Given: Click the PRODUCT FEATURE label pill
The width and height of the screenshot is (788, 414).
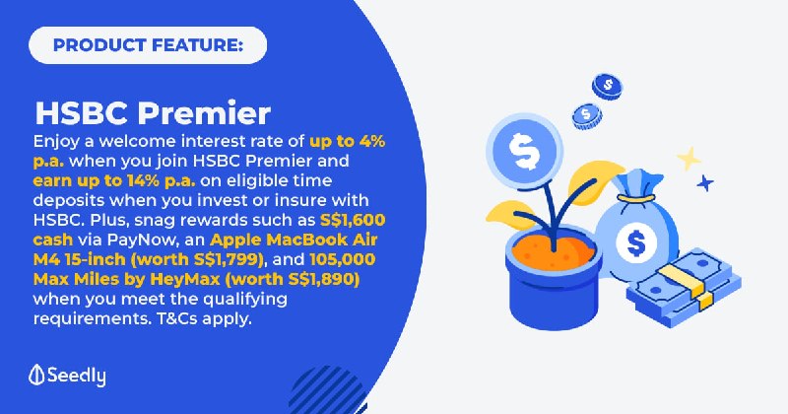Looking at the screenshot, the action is (148, 45).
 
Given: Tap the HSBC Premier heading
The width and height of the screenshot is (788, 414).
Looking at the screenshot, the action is (153, 113).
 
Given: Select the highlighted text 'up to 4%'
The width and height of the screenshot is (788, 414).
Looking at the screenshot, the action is (348, 142).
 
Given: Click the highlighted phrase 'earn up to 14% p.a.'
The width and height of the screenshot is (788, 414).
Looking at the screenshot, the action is (114, 180).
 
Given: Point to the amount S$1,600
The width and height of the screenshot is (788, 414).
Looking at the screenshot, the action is (353, 220).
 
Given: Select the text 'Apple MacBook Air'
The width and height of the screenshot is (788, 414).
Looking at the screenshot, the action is (294, 240).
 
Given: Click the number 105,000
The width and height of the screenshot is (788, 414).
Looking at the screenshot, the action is (343, 259).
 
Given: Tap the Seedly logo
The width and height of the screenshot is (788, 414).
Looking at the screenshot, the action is (67, 376).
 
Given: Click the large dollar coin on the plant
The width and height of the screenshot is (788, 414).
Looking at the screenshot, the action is (525, 152).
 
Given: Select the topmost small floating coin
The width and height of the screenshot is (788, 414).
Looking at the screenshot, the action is (607, 86).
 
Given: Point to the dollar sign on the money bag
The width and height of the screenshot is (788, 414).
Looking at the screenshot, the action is (636, 242).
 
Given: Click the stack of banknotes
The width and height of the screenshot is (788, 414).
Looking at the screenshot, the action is (684, 287).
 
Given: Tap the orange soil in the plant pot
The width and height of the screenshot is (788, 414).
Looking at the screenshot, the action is (554, 249).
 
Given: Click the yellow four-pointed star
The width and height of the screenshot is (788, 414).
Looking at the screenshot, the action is (689, 159).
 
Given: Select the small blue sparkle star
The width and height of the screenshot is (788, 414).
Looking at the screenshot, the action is (705, 183).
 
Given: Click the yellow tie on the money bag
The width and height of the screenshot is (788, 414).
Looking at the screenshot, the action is (636, 199).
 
